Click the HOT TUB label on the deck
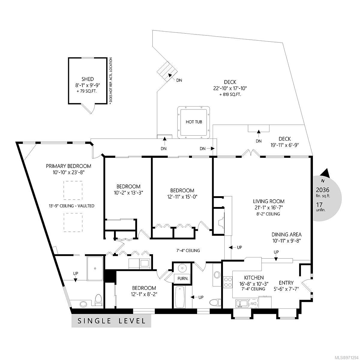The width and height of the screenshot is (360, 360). pyautogui.click(x=194, y=122)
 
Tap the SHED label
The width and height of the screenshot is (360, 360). pyautogui.click(x=88, y=79)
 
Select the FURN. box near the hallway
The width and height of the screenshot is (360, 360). pyautogui.click(x=183, y=278)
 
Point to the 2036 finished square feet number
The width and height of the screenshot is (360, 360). pyautogui.click(x=322, y=190)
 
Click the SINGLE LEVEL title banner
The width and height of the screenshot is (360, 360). pyautogui.click(x=111, y=321)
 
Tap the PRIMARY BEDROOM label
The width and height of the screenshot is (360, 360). pyautogui.click(x=69, y=166)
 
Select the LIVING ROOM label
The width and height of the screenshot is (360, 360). pyautogui.click(x=268, y=201)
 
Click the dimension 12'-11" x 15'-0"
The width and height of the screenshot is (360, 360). pyautogui.click(x=182, y=197)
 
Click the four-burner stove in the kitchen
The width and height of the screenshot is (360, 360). pyautogui.click(x=228, y=282)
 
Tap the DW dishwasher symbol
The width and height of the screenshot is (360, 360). pyautogui.click(x=253, y=304)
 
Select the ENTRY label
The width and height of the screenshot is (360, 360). pyautogui.click(x=286, y=283)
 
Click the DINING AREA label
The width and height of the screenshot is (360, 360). pyautogui.click(x=286, y=235)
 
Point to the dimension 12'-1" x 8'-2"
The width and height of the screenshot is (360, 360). pyautogui.click(x=144, y=294)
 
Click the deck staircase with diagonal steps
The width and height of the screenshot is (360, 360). pyautogui.click(x=167, y=72)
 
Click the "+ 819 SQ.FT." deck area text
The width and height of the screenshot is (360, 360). pyautogui.click(x=230, y=94)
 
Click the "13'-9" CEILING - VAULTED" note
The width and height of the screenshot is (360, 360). pyautogui.click(x=72, y=206)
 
